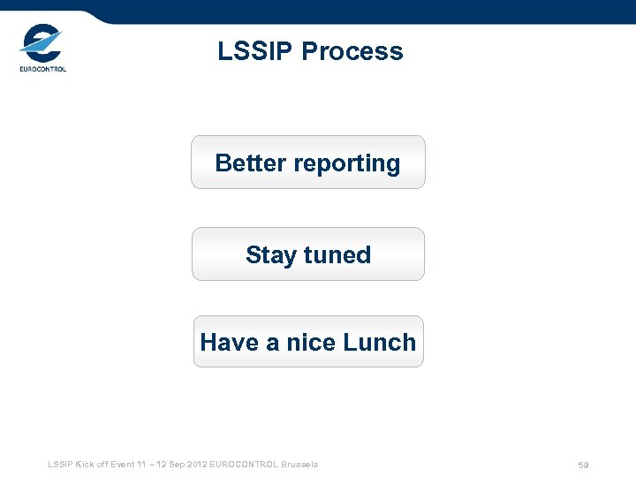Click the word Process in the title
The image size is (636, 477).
(352, 51)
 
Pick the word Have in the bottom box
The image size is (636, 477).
(229, 343)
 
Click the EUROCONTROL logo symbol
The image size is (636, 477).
(41, 42)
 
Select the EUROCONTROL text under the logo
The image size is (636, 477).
(42, 69)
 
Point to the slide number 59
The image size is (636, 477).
(583, 465)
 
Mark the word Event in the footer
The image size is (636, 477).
(125, 464)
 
